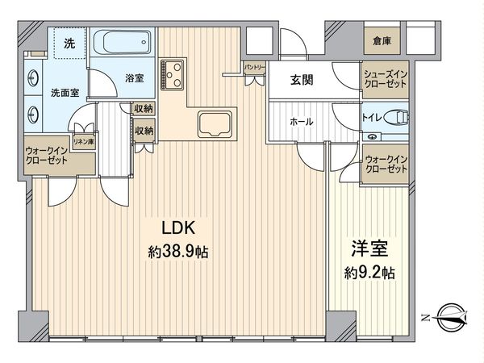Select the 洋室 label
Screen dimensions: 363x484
367,248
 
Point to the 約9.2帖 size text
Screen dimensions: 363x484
367,272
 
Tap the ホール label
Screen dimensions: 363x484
302,122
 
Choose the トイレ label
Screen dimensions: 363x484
371,117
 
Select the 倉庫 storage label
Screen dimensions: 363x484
383,42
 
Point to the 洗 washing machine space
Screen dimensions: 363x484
70,44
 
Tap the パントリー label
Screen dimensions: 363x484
253,69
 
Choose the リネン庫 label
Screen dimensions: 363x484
82,141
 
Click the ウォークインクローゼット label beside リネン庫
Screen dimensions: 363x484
47,156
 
